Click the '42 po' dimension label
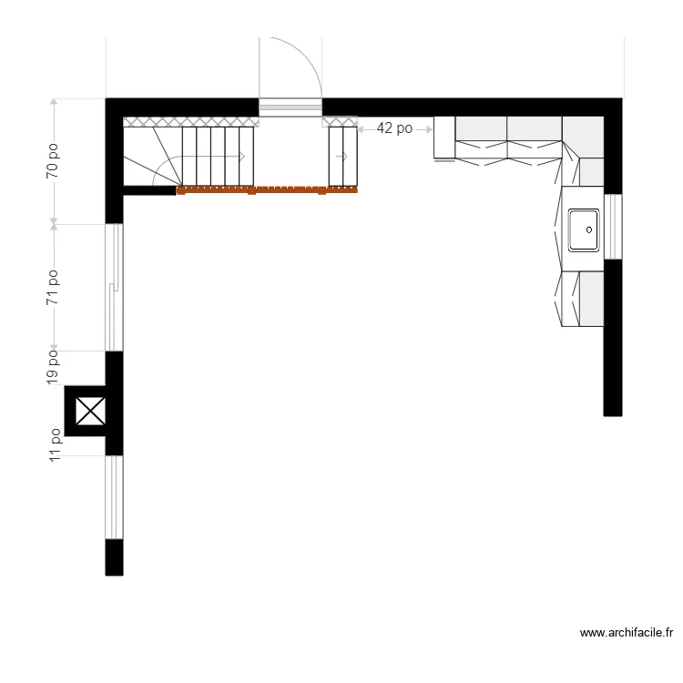[393, 129]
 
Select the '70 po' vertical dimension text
[54, 159]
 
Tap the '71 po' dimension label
[54, 287]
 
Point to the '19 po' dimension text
[54, 366]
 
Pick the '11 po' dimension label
[54, 446]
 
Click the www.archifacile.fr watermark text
[626, 633]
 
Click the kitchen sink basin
[584, 229]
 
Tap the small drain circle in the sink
[590, 230]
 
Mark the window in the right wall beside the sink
[614, 227]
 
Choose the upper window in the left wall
[114, 287]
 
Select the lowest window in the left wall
[114, 497]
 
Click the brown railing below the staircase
[267, 190]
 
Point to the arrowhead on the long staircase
[243, 157]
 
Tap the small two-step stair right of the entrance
[342, 157]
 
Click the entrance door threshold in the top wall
[291, 107]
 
